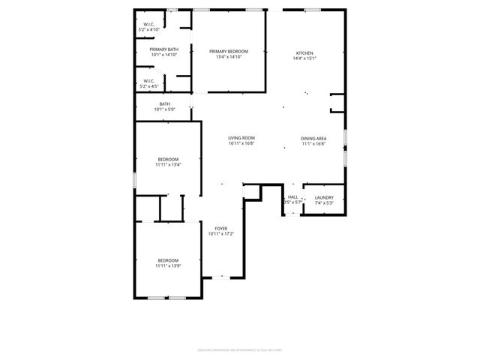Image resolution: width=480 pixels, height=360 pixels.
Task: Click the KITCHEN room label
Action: coord(304,53)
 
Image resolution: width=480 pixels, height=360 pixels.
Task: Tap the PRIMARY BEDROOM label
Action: coord(229,51)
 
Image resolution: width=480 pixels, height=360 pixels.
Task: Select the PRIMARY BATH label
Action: coord(164,49)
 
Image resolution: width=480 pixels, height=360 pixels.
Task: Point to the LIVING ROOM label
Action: coord(242,138)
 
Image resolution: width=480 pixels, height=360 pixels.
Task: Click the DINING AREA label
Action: coord(313,138)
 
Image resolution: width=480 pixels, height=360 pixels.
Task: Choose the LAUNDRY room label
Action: coord(324,197)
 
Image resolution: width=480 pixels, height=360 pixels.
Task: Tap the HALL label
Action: coord(292,197)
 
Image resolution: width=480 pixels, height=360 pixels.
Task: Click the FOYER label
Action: coord(221,228)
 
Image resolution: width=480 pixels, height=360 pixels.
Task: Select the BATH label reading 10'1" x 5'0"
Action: coord(164,104)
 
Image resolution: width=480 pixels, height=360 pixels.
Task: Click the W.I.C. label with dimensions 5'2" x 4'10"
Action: coord(148,24)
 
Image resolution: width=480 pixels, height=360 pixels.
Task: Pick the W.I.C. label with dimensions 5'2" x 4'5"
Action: coord(148,81)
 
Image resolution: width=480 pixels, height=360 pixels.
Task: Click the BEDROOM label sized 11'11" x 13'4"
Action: coord(168,159)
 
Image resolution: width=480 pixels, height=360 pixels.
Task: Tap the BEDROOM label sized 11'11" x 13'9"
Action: coord(168,260)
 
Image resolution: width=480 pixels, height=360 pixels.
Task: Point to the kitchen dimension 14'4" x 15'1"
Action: coord(304,58)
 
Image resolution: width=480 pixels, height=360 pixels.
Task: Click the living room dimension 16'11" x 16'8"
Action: coord(242,143)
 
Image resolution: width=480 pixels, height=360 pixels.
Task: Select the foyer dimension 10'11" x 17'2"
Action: coord(221,233)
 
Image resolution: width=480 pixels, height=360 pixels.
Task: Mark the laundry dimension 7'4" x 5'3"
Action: coord(324,202)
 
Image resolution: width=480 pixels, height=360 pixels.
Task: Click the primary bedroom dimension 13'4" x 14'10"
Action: coord(229,56)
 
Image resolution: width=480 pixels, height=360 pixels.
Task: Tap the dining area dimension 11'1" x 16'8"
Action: coord(313,143)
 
